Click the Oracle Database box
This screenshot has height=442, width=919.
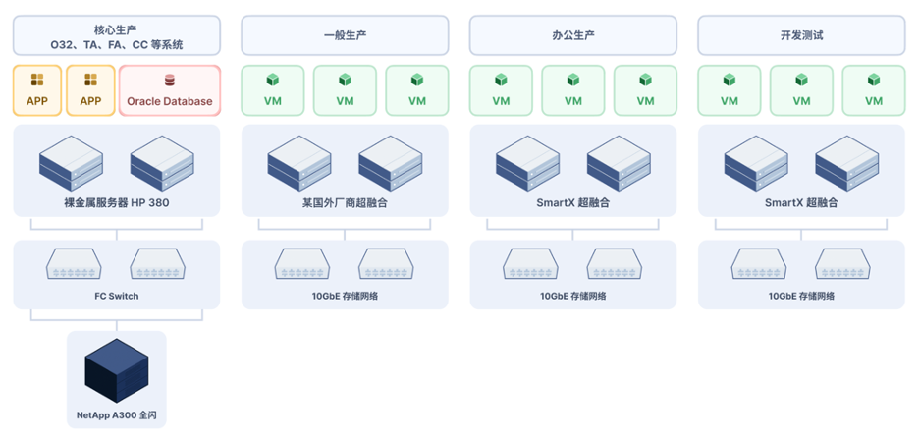click(x=170, y=90)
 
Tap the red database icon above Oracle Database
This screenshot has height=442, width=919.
click(x=170, y=81)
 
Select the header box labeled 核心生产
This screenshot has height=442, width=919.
click(x=117, y=35)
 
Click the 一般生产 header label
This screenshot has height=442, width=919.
click(x=345, y=35)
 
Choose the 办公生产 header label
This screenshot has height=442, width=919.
click(x=573, y=35)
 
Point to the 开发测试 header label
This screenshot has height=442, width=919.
click(x=801, y=35)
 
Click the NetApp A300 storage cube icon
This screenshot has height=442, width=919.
click(x=117, y=370)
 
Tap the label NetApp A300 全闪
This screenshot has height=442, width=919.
click(x=117, y=415)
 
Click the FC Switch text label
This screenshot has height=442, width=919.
click(x=117, y=296)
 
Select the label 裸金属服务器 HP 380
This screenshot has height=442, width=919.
click(x=117, y=203)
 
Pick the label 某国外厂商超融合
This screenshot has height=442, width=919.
click(x=345, y=203)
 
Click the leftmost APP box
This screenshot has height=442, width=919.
click(x=37, y=90)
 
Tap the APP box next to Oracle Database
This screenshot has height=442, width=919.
click(x=91, y=90)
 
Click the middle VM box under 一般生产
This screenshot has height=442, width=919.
click(x=345, y=90)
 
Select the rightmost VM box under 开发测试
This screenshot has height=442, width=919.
click(x=874, y=90)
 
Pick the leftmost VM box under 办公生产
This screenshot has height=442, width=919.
click(x=501, y=90)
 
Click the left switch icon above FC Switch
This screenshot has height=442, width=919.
click(x=74, y=264)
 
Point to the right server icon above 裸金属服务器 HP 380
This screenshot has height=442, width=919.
click(x=162, y=164)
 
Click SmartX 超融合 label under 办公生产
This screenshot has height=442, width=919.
click(x=573, y=203)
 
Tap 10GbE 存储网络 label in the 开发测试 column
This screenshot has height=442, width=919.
click(x=801, y=296)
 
